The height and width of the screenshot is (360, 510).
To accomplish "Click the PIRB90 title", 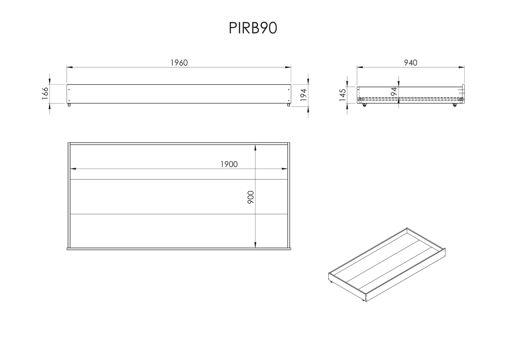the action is [x=253, y=28].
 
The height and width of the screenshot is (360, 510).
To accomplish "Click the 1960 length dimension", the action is [x=179, y=63].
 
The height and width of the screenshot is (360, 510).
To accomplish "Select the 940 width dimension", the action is [x=411, y=63].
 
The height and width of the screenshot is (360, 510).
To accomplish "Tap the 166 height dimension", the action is [x=45, y=93].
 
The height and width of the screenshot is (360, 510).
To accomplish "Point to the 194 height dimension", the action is [x=303, y=95].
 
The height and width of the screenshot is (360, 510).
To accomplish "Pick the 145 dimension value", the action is [x=342, y=95].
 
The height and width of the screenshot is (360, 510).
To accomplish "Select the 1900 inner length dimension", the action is [x=229, y=164].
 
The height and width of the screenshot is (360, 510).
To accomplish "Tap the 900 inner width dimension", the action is [x=251, y=197].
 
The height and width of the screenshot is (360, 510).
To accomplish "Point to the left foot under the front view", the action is [x=69, y=105].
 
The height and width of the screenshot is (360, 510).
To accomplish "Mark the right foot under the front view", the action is [x=288, y=105].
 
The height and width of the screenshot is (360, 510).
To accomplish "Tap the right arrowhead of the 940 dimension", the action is [x=462, y=67].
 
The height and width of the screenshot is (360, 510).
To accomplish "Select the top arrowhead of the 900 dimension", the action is [x=255, y=148].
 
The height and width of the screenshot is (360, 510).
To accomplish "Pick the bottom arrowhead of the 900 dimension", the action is [x=255, y=245].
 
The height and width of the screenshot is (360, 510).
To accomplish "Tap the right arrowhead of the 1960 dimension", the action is [x=288, y=67].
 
